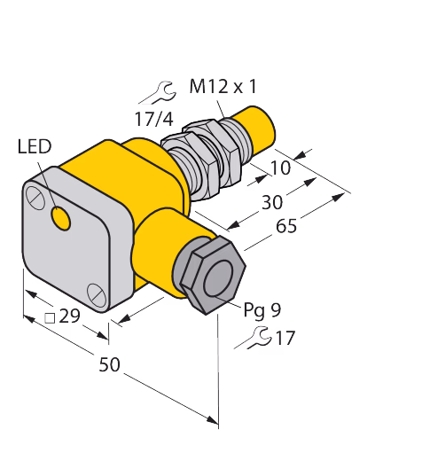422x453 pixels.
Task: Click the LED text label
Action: [35, 146]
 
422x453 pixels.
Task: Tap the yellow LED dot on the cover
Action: [60, 218]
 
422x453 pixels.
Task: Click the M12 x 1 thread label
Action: [223, 87]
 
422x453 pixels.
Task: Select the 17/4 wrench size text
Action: [153, 119]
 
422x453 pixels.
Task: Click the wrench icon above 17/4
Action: [157, 92]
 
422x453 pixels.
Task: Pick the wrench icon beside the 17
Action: [253, 338]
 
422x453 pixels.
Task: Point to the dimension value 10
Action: [280, 168]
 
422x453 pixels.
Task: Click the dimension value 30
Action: [272, 202]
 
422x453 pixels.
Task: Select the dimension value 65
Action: [286, 226]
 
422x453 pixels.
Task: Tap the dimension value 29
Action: [70, 316]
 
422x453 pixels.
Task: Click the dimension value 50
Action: [109, 364]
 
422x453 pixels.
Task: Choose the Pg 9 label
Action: [262, 310]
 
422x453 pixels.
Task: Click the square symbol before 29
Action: [50, 318]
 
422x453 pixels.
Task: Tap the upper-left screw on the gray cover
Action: [35, 196]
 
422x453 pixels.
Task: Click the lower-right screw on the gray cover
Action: [97, 294]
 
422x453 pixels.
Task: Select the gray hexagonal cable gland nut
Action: [213, 277]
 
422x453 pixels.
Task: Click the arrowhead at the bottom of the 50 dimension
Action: [213, 419]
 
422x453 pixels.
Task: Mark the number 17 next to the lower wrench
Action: [285, 338]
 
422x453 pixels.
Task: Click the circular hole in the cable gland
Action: [218, 278]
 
